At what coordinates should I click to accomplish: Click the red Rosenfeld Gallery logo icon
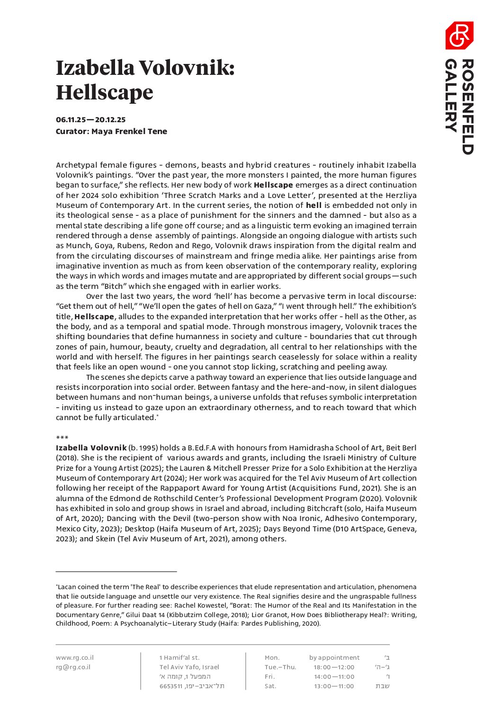click(459, 36)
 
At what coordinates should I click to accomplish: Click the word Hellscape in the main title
click(105, 92)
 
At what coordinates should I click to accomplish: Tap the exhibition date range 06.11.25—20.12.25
click(90, 120)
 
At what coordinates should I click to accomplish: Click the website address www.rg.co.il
click(75, 657)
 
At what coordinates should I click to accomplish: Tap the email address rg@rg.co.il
click(73, 667)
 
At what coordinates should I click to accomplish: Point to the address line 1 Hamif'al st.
click(179, 657)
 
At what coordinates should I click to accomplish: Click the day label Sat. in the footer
click(270, 686)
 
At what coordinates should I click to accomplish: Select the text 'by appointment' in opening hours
click(334, 657)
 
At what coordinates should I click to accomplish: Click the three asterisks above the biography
click(62, 438)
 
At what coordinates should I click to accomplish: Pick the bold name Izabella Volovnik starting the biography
click(91, 448)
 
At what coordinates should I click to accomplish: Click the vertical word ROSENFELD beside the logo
click(467, 107)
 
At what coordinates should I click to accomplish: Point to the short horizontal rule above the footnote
click(116, 572)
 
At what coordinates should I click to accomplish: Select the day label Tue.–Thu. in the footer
click(280, 667)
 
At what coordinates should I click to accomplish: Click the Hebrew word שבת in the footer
click(383, 686)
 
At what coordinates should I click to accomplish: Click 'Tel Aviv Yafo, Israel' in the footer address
click(189, 667)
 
